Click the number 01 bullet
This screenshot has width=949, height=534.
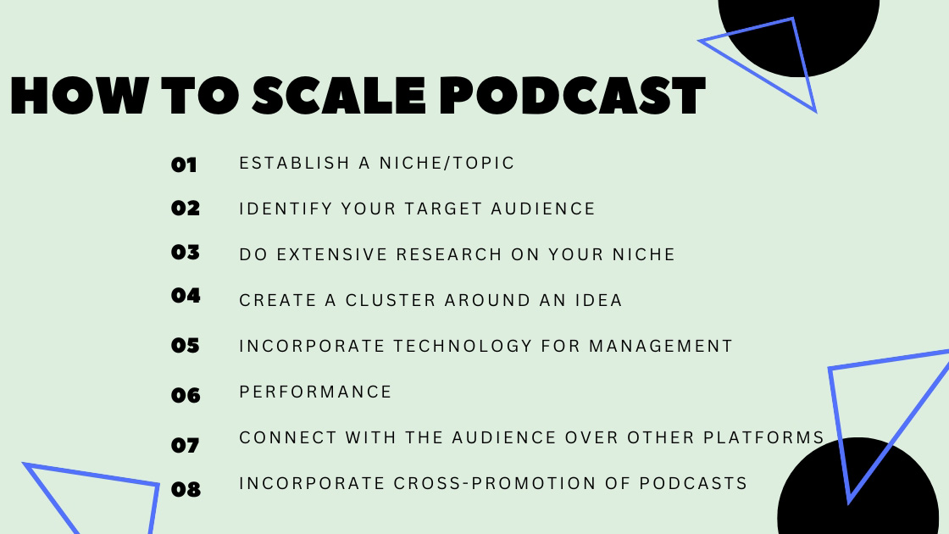click(184, 164)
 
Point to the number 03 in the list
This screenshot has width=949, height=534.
click(185, 252)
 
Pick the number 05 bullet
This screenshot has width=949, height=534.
click(185, 345)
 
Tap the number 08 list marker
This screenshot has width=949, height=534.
click(186, 489)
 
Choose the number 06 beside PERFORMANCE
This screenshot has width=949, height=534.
click(186, 395)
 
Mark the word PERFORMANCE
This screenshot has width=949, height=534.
click(316, 392)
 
